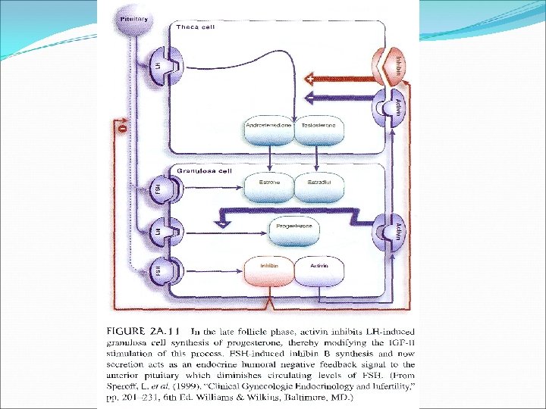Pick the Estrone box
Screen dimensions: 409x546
[271, 183]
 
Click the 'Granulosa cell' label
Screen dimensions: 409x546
[205, 170]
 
